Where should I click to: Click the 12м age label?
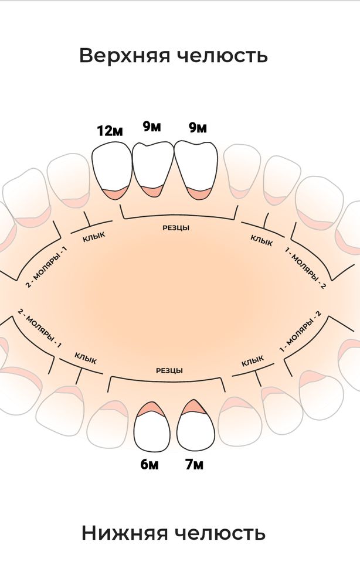pos(110,131)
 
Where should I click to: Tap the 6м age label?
pos(149,465)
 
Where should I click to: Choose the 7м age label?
pos(194,465)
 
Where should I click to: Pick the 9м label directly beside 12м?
pos(151,127)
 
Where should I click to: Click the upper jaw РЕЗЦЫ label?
pos(176,228)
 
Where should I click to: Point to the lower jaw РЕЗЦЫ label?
pos(169,370)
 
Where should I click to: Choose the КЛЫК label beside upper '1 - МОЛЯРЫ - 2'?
pos(261,240)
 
